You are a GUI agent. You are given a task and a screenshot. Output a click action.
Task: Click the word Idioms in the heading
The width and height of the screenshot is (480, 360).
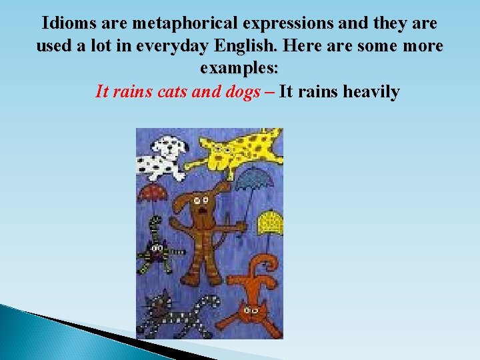pyautogui.click(x=68, y=24)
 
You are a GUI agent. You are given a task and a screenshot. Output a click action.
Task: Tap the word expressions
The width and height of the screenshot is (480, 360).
pyautogui.click(x=286, y=24)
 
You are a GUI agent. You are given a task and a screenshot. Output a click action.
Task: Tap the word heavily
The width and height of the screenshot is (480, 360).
pyautogui.click(x=371, y=92)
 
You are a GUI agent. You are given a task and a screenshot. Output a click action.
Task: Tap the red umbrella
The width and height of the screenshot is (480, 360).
pyautogui.click(x=153, y=193)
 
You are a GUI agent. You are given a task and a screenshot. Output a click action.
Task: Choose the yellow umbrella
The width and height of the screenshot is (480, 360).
pyautogui.click(x=271, y=219)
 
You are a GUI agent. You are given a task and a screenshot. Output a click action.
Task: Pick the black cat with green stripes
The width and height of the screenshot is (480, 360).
pyautogui.click(x=157, y=250)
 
